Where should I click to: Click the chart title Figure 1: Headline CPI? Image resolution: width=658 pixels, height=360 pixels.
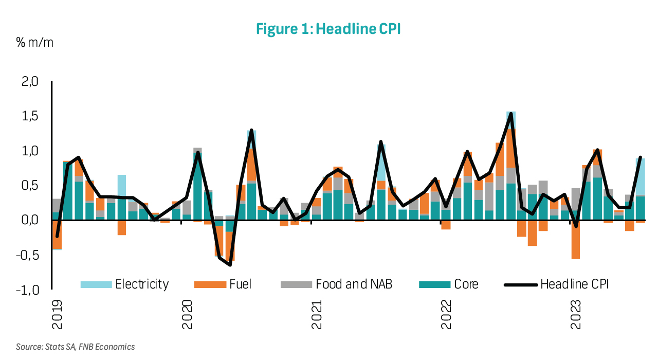pyautogui.click(x=328, y=29)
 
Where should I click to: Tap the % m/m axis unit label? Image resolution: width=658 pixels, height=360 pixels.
pyautogui.click(x=34, y=42)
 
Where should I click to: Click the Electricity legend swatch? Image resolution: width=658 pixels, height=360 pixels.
pyautogui.click(x=96, y=284)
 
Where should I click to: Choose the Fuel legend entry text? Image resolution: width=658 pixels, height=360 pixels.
pyautogui.click(x=241, y=284)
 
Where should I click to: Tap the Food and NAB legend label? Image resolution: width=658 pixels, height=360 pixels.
pyautogui.click(x=354, y=284)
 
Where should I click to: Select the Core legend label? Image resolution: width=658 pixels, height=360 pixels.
pyautogui.click(x=466, y=284)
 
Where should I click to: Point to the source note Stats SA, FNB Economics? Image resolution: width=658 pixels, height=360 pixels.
pyautogui.click(x=75, y=347)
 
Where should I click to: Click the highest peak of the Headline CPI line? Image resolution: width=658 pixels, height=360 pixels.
pyautogui.click(x=510, y=113)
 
